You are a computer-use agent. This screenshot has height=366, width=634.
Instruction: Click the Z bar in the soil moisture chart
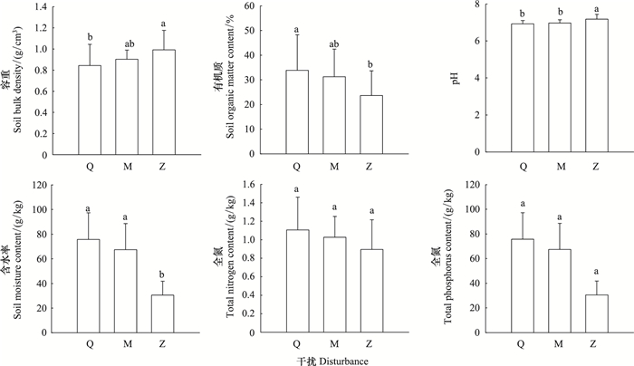click(x=163, y=313)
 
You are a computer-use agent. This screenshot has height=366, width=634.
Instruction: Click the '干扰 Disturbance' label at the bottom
click(x=331, y=359)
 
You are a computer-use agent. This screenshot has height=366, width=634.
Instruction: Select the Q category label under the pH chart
click(x=521, y=167)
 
